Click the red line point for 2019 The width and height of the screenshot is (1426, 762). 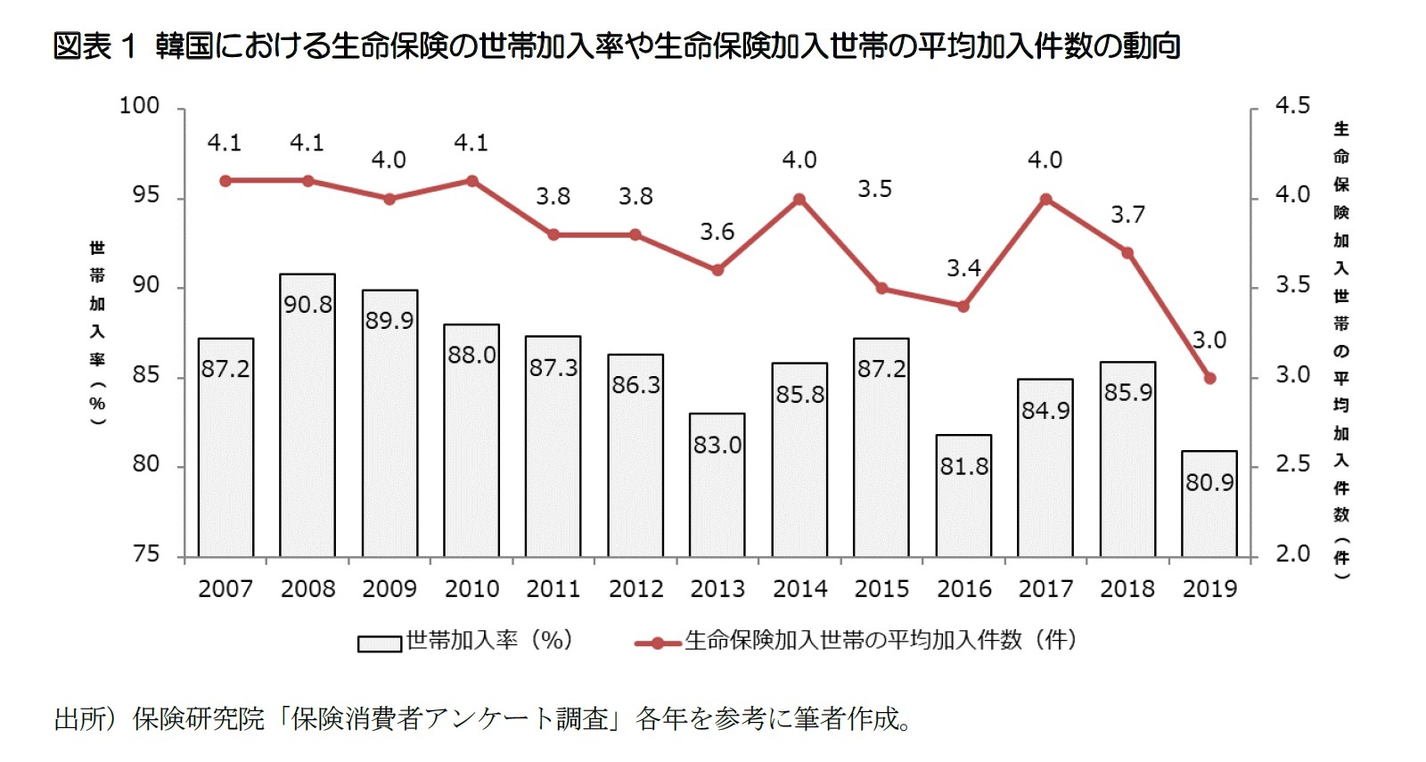[1209, 378]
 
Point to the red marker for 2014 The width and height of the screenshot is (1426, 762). [799, 200]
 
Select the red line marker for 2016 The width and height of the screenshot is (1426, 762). [963, 306]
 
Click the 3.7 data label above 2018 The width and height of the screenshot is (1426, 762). [1127, 215]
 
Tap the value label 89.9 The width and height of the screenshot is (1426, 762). [389, 321]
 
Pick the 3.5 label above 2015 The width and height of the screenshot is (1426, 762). [874, 189]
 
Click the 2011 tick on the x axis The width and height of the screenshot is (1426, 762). [553, 588]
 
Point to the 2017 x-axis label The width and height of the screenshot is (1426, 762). [1045, 588]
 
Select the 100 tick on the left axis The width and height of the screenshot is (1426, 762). [139, 105]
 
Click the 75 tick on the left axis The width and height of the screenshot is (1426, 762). [145, 554]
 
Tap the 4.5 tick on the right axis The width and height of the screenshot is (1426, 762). [1292, 105]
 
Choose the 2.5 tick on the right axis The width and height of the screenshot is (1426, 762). [1292, 464]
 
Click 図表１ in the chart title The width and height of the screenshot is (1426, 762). [94, 45]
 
